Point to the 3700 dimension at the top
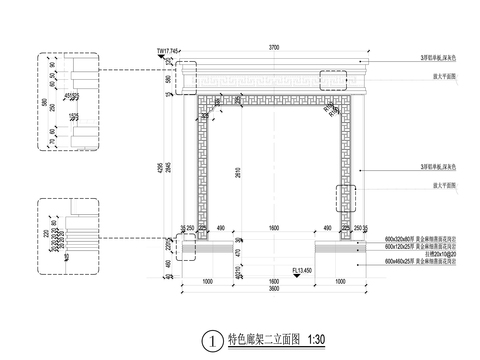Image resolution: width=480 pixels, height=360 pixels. [x=274, y=48]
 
